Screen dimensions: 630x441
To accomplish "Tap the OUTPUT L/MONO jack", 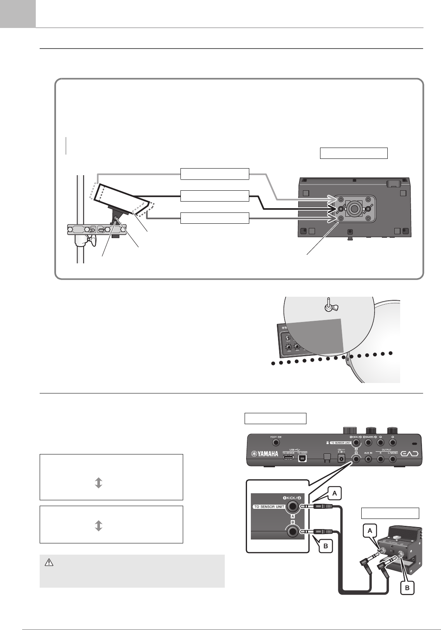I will [394, 459].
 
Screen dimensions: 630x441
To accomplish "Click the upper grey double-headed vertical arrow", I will [99, 483].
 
